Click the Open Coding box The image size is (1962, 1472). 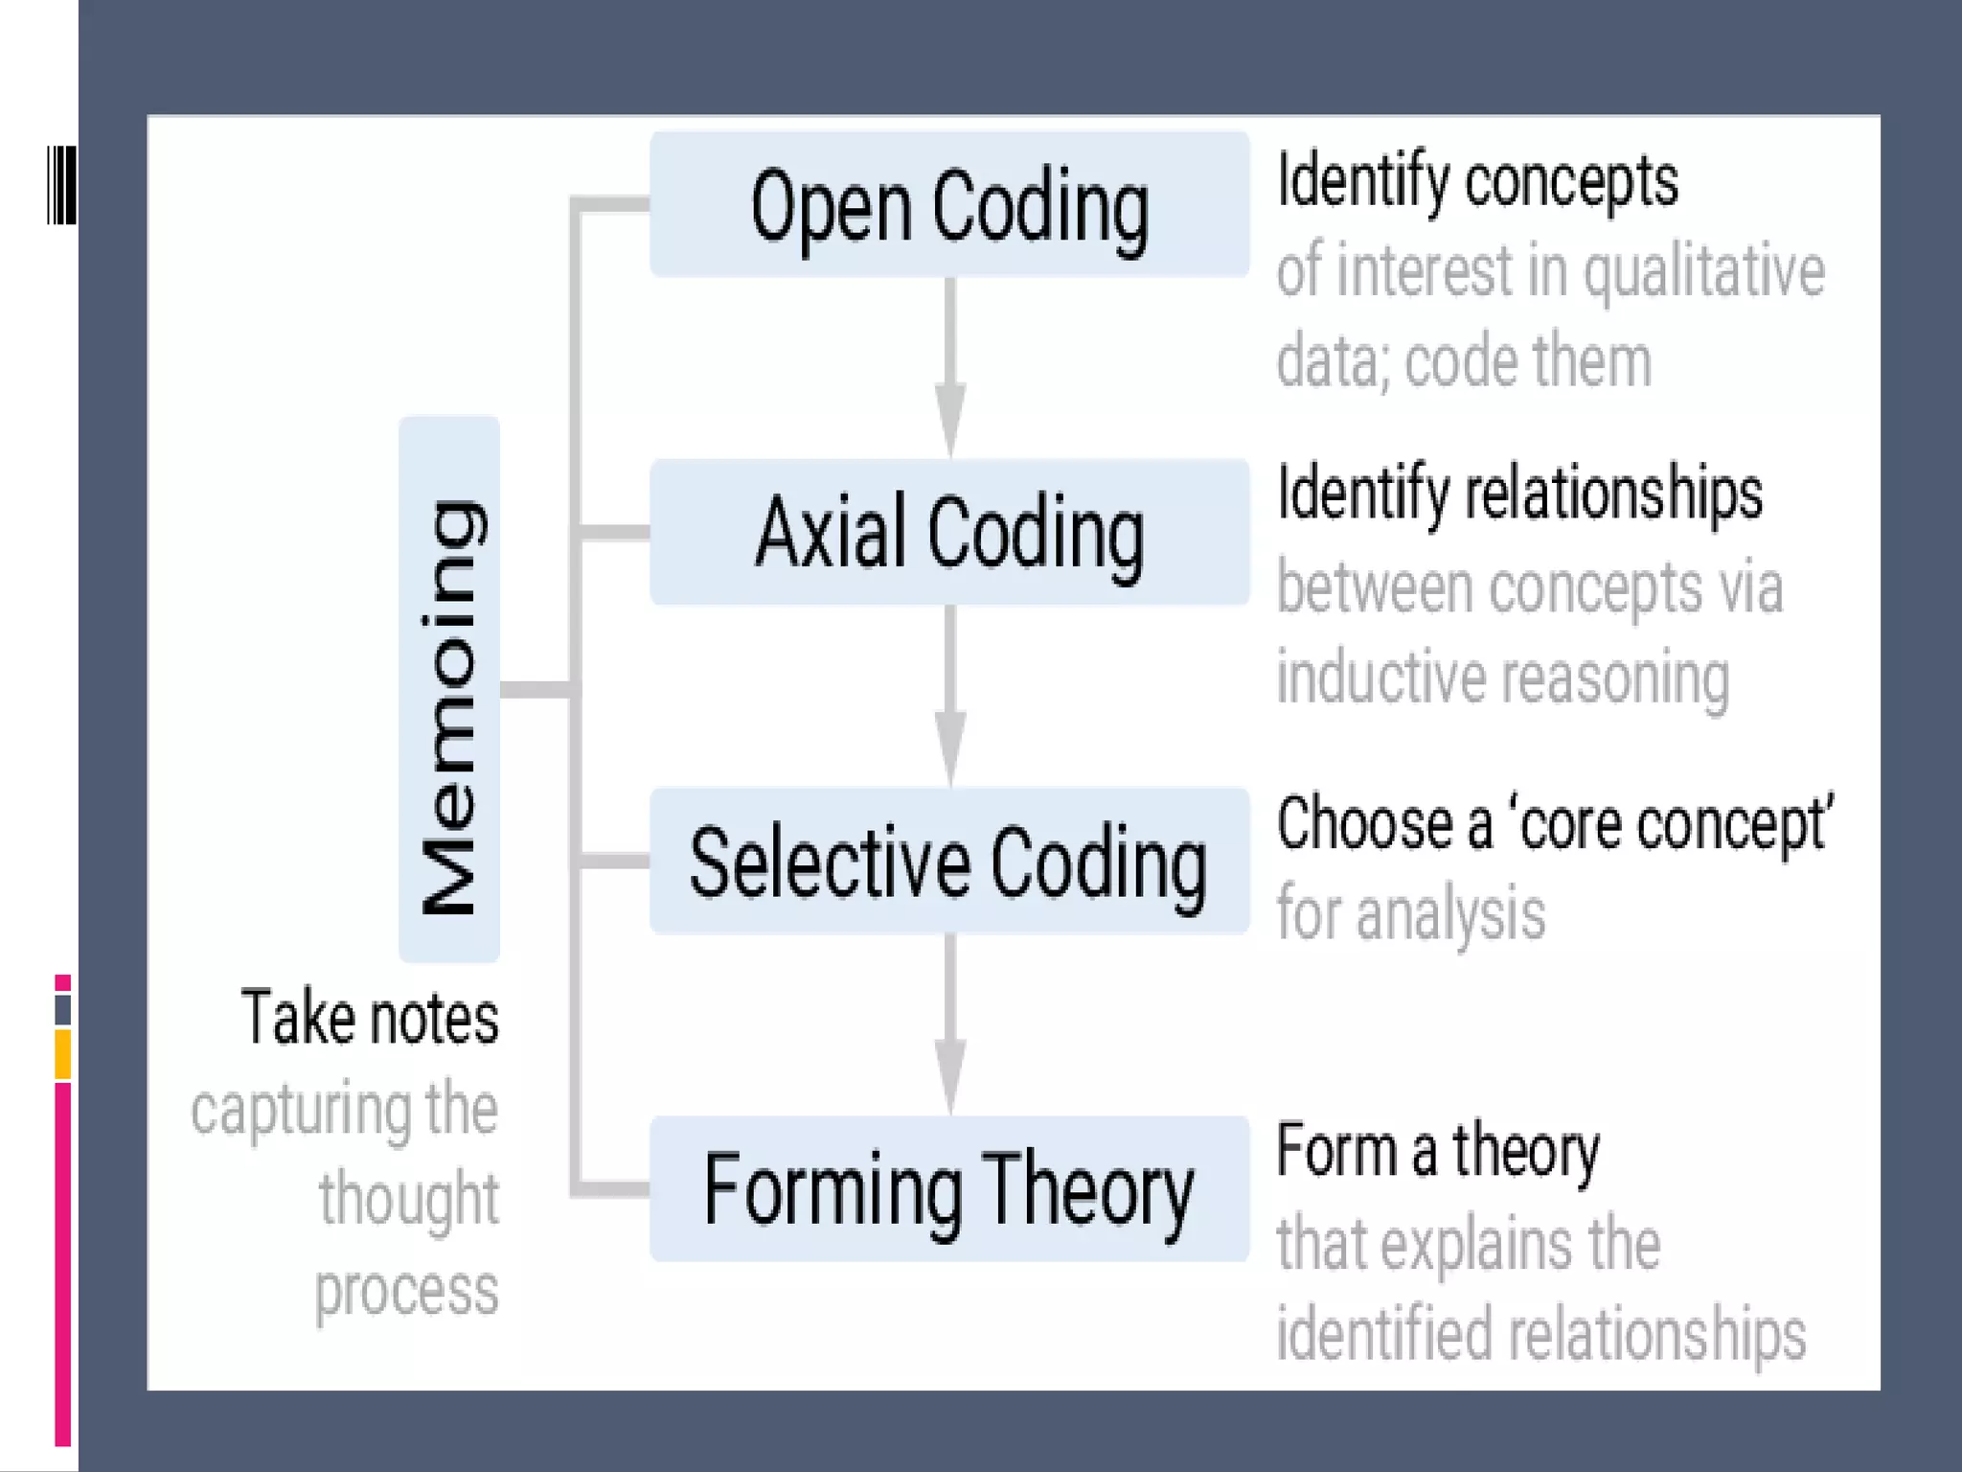click(948, 205)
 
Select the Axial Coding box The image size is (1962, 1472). click(948, 533)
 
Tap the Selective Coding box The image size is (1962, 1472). click(948, 862)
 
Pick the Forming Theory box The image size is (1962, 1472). click(948, 1189)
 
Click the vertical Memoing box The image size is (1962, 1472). click(449, 690)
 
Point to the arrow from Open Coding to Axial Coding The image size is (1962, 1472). click(949, 369)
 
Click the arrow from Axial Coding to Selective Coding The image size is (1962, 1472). click(949, 697)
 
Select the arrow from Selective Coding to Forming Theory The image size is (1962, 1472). click(949, 1024)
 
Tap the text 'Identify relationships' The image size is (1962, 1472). click(1519, 494)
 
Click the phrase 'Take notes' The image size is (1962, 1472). click(370, 1018)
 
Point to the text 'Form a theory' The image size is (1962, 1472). click(1437, 1151)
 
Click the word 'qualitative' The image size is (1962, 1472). click(1703, 273)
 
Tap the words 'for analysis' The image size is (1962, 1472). click(1410, 913)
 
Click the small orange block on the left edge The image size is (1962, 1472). click(62, 1054)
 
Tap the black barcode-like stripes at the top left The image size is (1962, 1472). click(61, 186)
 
